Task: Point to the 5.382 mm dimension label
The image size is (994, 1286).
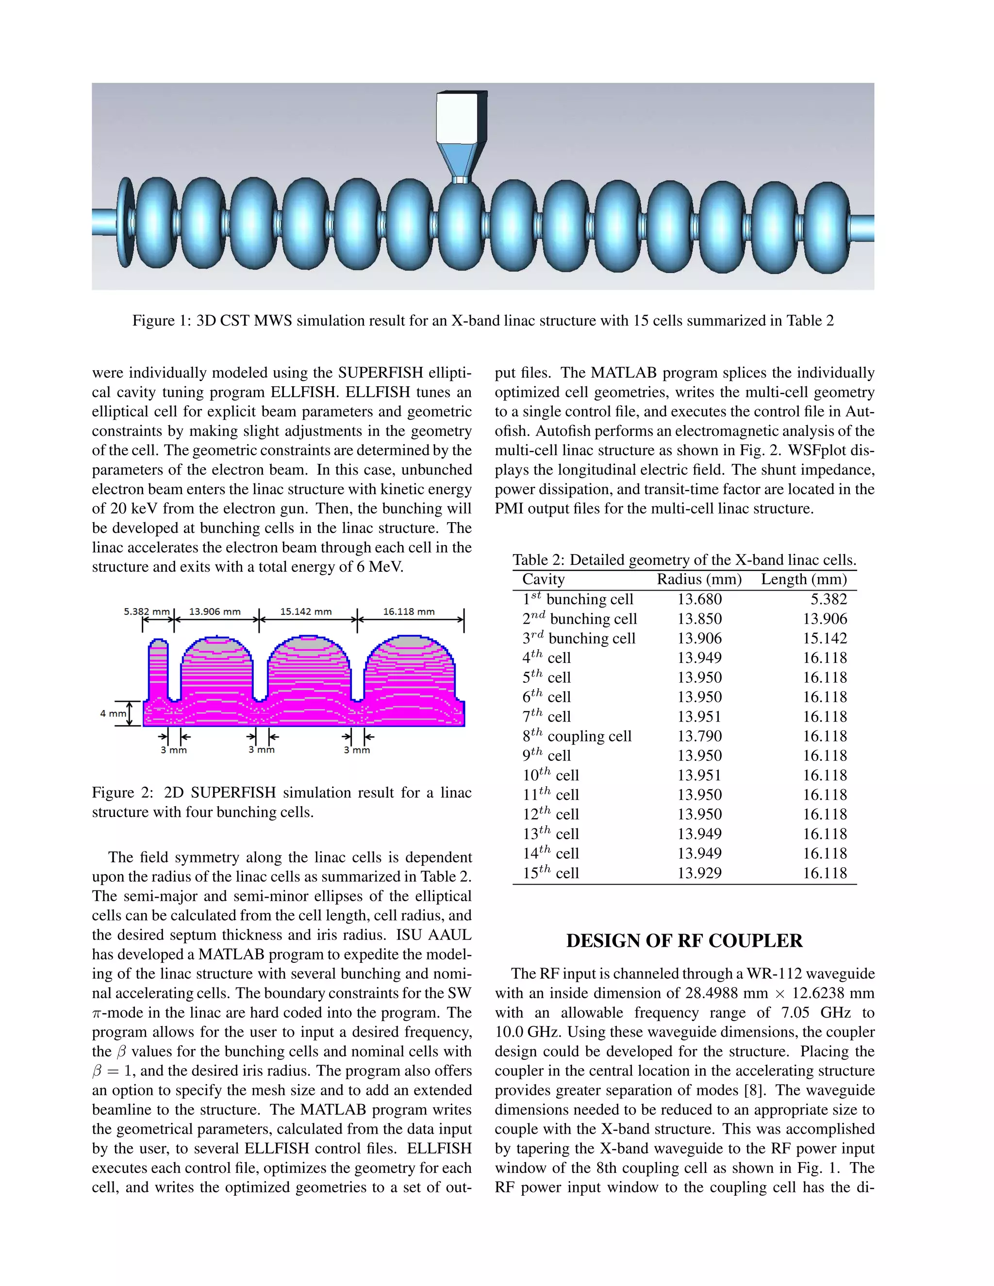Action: [147, 612]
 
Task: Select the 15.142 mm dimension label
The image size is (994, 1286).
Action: [306, 612]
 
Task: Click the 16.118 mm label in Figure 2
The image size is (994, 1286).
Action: [409, 612]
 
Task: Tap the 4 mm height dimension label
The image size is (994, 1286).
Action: [113, 714]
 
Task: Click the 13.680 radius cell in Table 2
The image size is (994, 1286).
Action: [699, 599]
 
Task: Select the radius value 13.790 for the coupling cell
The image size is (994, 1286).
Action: [699, 736]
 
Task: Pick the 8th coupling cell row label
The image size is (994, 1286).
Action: [577, 736]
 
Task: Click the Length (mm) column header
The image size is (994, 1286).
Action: [803, 579]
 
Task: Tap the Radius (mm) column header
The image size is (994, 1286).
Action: [699, 579]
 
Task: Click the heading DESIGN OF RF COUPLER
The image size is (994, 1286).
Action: [684, 941]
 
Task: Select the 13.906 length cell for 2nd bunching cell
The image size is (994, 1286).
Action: [825, 619]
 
